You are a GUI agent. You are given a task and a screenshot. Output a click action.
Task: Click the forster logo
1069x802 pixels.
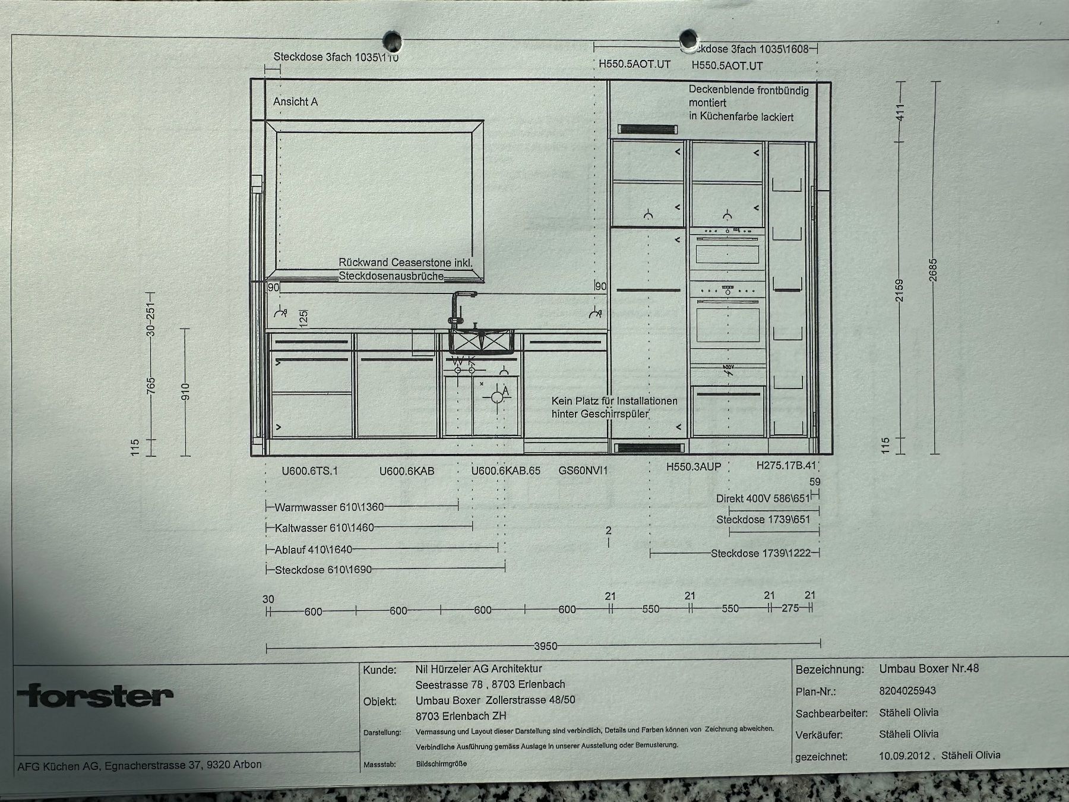click(96, 696)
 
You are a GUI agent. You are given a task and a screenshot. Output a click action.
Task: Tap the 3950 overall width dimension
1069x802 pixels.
click(546, 646)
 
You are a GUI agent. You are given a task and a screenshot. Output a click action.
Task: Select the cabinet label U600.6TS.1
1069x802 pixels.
click(309, 471)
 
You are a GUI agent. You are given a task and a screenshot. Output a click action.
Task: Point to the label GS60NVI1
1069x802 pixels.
click(583, 471)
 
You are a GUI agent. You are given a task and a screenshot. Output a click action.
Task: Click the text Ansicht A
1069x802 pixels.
click(295, 102)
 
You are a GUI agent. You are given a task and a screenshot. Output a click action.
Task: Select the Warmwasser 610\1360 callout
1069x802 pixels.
click(329, 507)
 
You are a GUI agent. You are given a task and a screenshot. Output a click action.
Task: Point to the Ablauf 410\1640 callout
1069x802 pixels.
click(313, 550)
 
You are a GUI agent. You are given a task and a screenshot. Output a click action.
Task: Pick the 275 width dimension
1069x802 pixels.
click(790, 608)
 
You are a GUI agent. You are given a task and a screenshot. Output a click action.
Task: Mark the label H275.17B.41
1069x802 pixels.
click(786, 466)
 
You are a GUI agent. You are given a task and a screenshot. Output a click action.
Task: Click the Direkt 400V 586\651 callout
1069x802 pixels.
click(763, 498)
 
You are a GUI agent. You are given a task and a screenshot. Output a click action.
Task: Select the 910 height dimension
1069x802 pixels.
click(185, 391)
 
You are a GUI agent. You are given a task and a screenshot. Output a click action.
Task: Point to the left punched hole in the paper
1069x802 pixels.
click(392, 41)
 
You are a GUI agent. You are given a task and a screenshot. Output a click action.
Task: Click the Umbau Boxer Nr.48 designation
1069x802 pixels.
click(929, 668)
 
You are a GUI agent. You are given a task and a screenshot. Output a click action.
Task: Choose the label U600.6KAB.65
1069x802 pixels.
click(506, 471)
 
